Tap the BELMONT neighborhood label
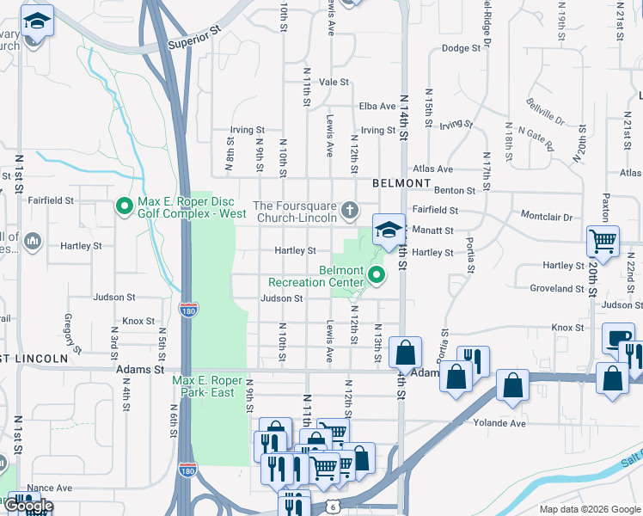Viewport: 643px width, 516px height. coord(401,183)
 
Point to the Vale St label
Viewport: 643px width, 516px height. coord(334,83)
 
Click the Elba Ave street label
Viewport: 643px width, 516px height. coord(377,106)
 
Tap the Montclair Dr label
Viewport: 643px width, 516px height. coord(547,218)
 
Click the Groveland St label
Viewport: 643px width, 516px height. coord(557,289)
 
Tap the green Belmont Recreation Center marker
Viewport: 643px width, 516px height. coord(377,275)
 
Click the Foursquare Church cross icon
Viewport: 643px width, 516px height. coord(349,209)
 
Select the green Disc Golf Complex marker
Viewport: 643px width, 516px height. coord(125,206)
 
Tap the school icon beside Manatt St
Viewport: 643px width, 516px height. coord(389,229)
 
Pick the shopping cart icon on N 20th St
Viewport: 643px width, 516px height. coord(603,241)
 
